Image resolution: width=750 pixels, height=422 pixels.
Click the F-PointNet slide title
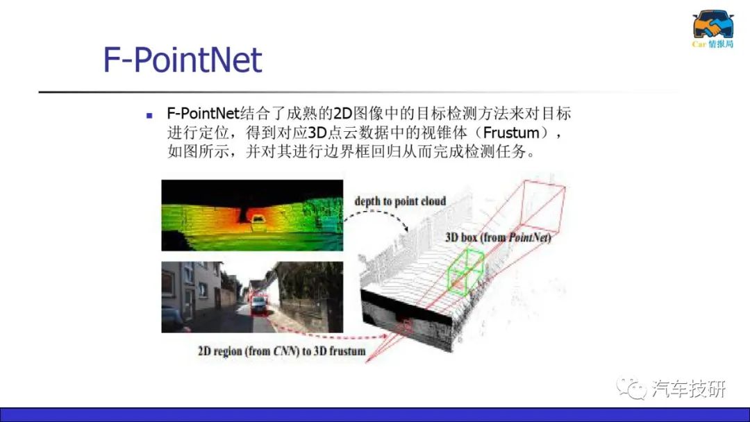click(x=182, y=60)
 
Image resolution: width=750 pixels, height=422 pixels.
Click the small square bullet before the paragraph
click(x=150, y=115)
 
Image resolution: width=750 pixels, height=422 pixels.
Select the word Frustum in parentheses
click(x=511, y=133)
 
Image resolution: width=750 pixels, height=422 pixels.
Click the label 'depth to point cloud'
click(x=401, y=201)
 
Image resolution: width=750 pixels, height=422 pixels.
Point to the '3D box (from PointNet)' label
click(x=498, y=237)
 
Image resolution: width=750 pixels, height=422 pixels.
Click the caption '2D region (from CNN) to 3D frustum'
click(x=282, y=351)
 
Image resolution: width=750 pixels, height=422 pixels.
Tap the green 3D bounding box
click(x=465, y=271)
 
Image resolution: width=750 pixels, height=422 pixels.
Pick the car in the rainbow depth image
click(x=258, y=220)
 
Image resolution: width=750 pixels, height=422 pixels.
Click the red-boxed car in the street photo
click(x=259, y=304)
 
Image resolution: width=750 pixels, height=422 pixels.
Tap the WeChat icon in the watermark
click(x=631, y=388)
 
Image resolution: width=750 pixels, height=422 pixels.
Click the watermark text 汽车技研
click(x=689, y=389)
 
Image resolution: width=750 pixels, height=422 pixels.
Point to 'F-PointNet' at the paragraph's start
click(x=203, y=114)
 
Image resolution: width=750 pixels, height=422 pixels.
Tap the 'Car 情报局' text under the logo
click(x=712, y=44)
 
